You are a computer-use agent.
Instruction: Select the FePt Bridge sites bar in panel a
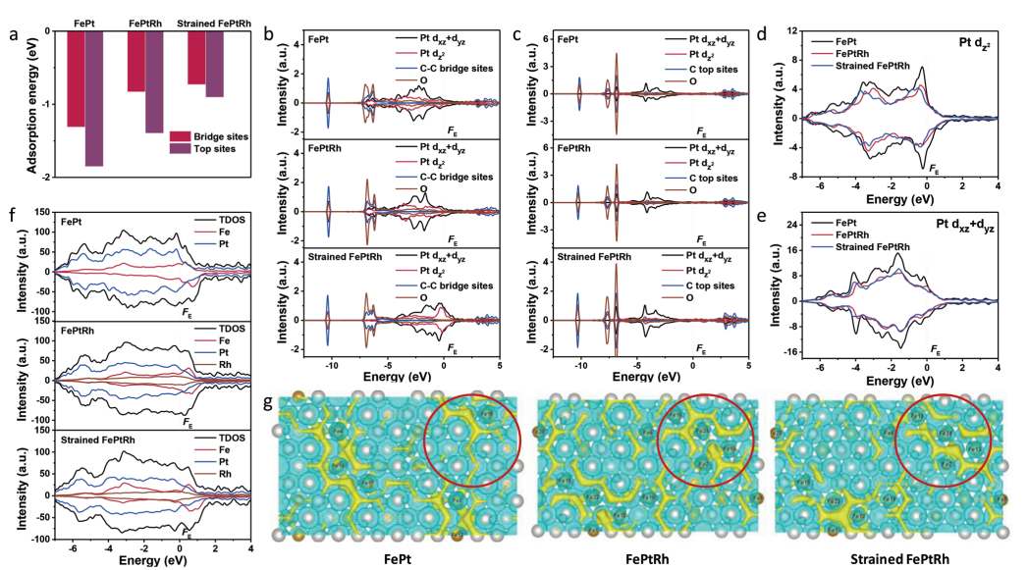[76, 78]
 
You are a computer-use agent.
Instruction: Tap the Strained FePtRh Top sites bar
[214, 64]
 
